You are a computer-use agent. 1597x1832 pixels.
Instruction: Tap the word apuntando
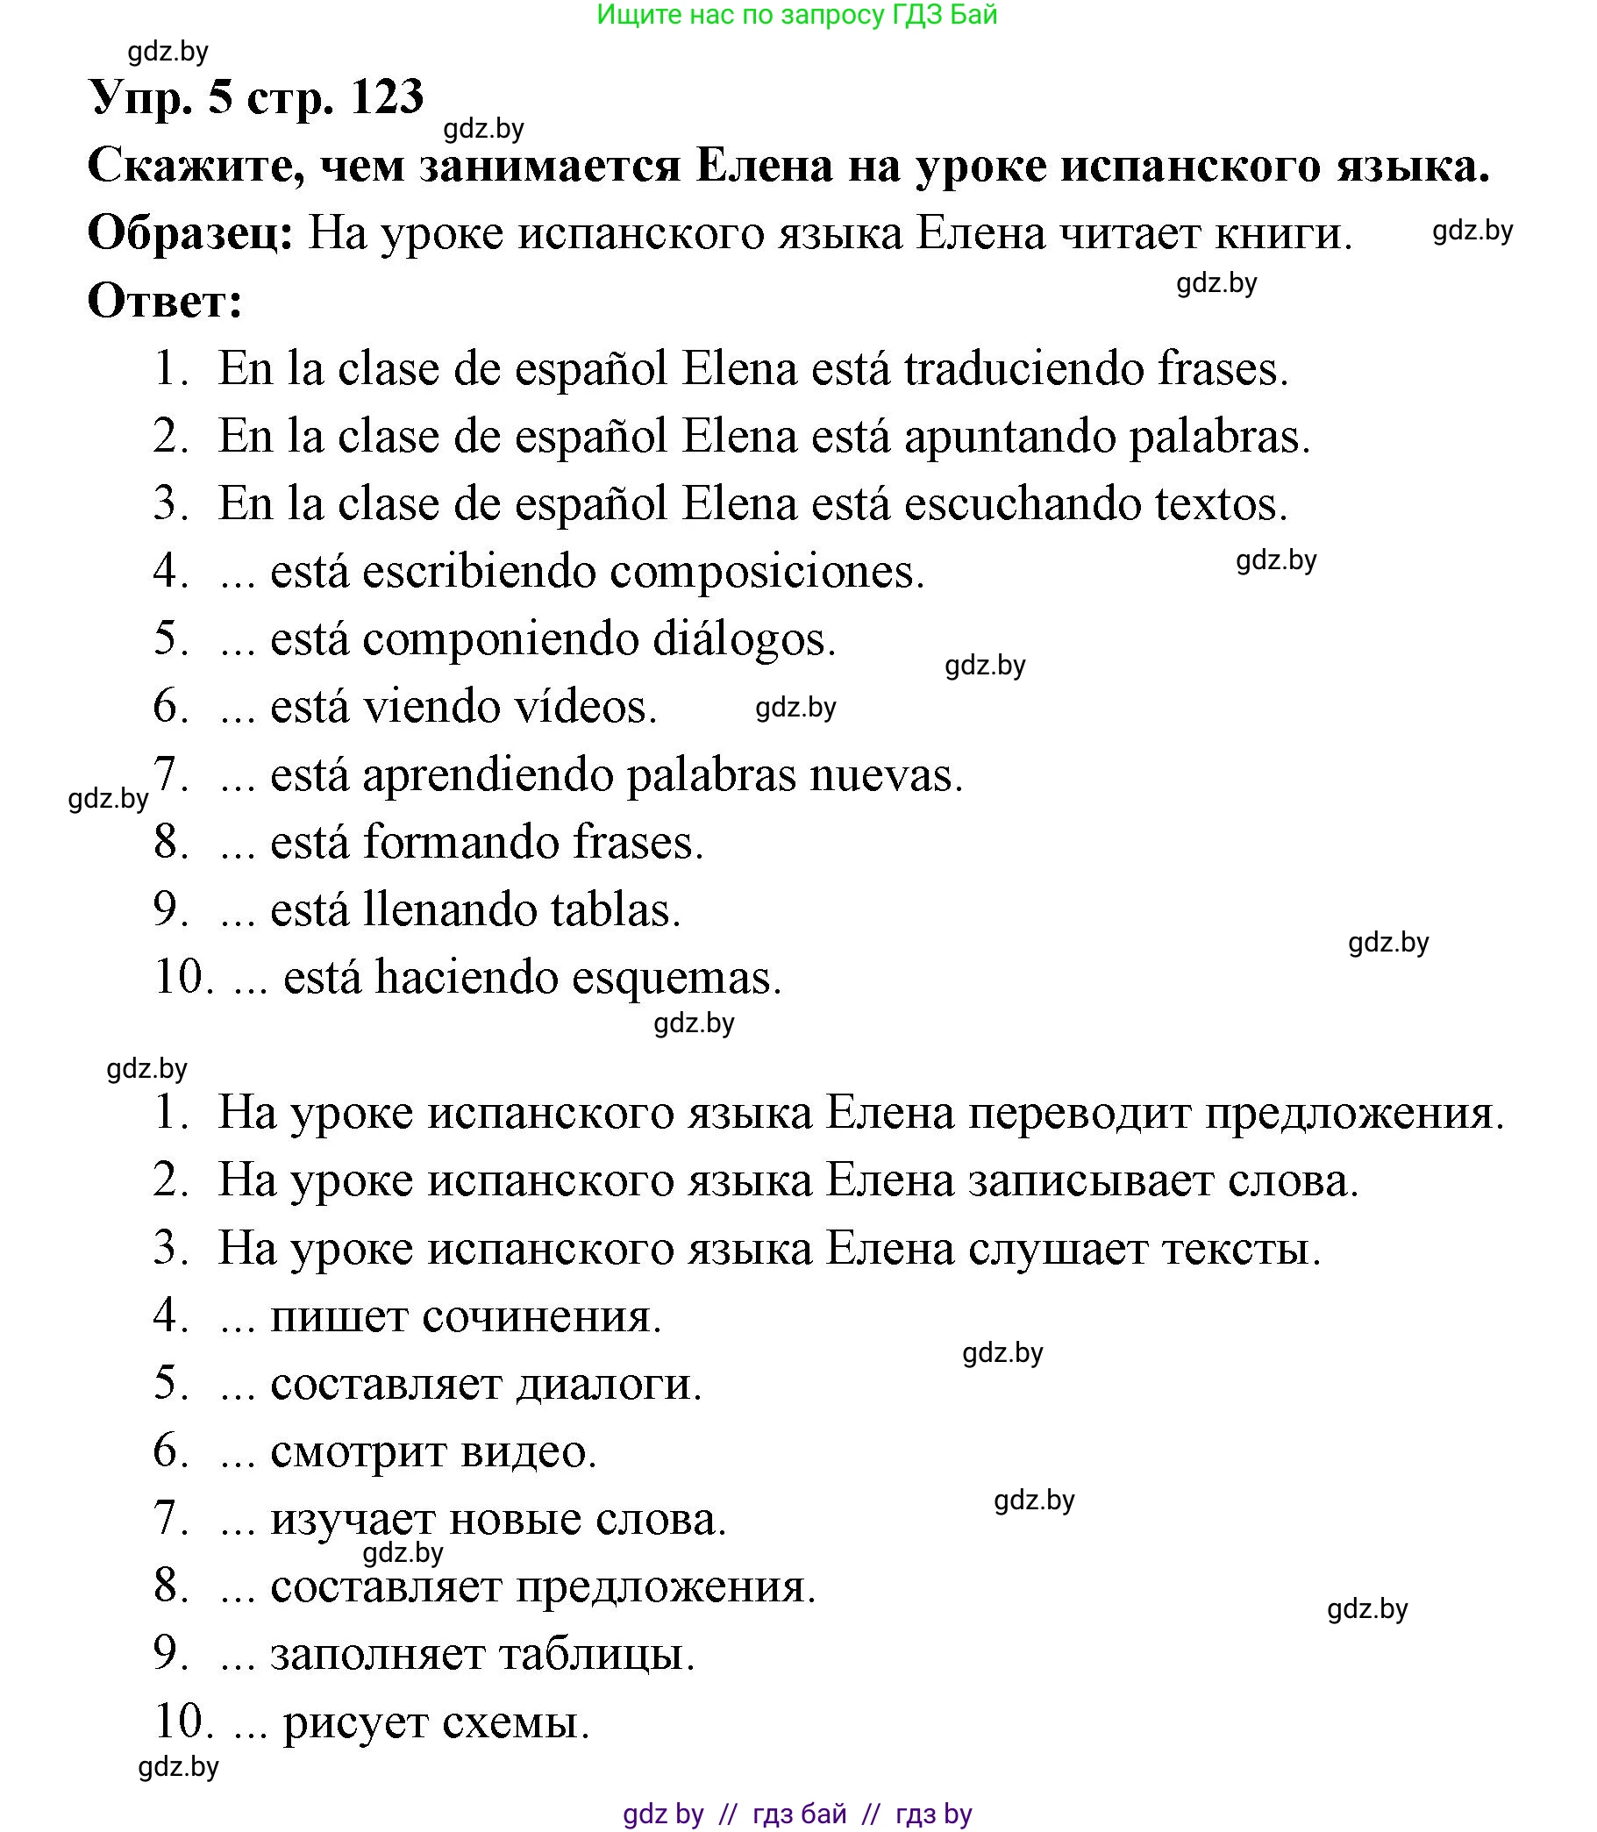1009,438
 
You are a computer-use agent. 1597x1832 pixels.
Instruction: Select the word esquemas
676,979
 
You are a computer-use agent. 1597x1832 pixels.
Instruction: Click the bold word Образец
189,234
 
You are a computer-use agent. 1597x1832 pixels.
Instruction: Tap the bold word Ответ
164,302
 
